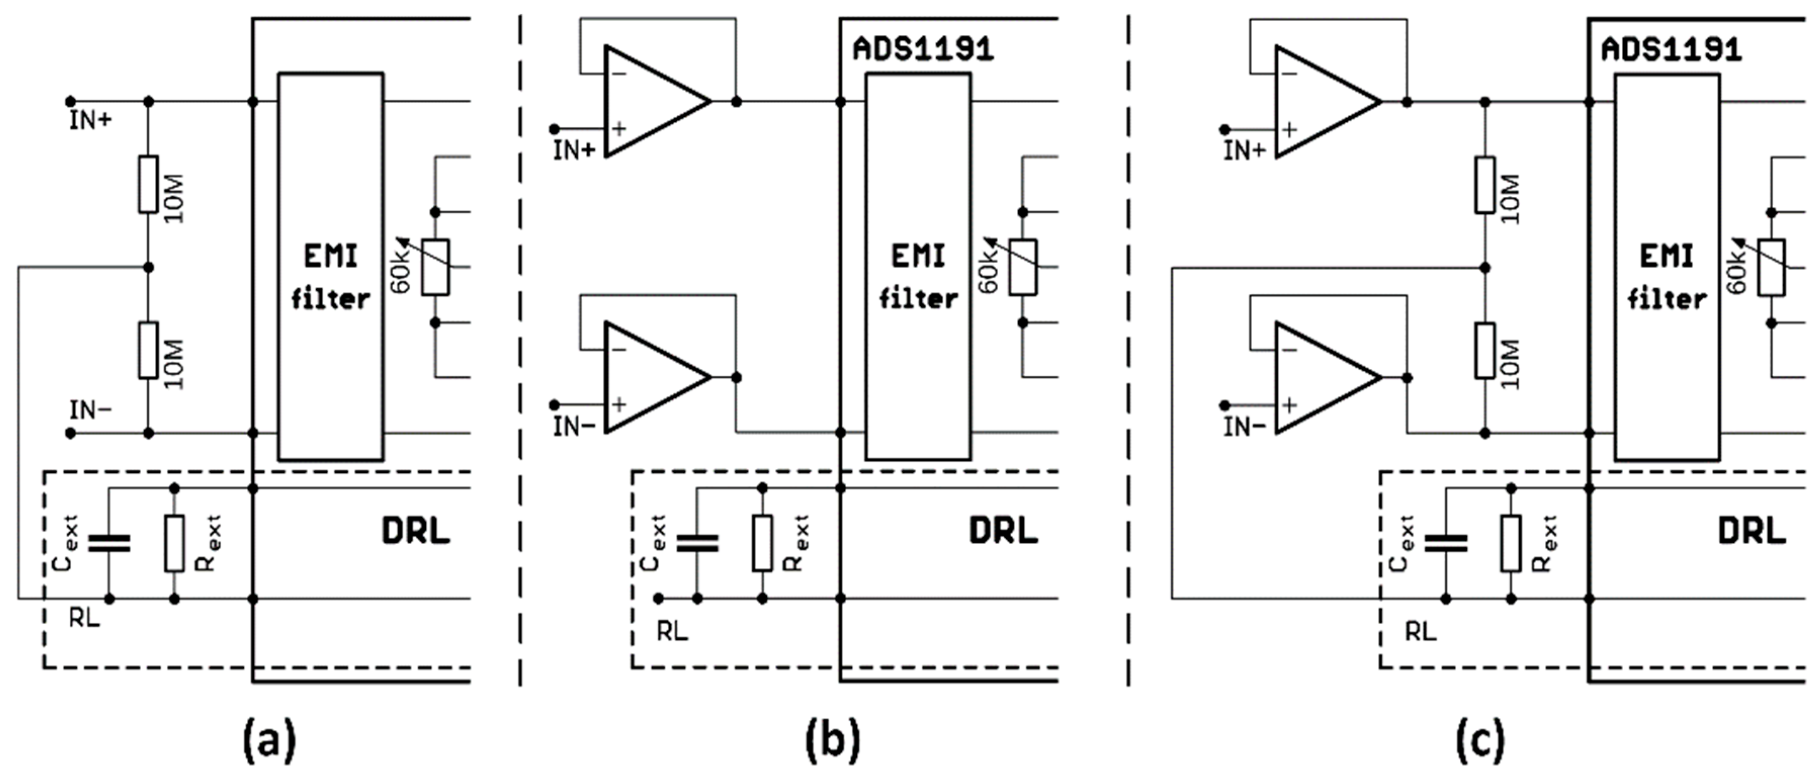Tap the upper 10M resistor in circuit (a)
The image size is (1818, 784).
(x=148, y=184)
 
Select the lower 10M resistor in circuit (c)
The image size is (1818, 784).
(x=1484, y=351)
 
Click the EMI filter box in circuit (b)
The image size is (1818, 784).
(x=918, y=267)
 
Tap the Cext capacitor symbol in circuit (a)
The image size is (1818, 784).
(x=109, y=543)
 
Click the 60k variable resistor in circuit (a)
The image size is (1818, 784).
(x=436, y=268)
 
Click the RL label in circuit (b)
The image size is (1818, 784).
(x=672, y=632)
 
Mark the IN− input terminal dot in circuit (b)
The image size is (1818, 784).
(x=554, y=404)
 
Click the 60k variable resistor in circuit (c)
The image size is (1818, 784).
(x=1771, y=268)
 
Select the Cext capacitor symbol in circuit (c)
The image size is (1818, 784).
(x=1445, y=543)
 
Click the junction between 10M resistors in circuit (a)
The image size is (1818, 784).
(x=148, y=268)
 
